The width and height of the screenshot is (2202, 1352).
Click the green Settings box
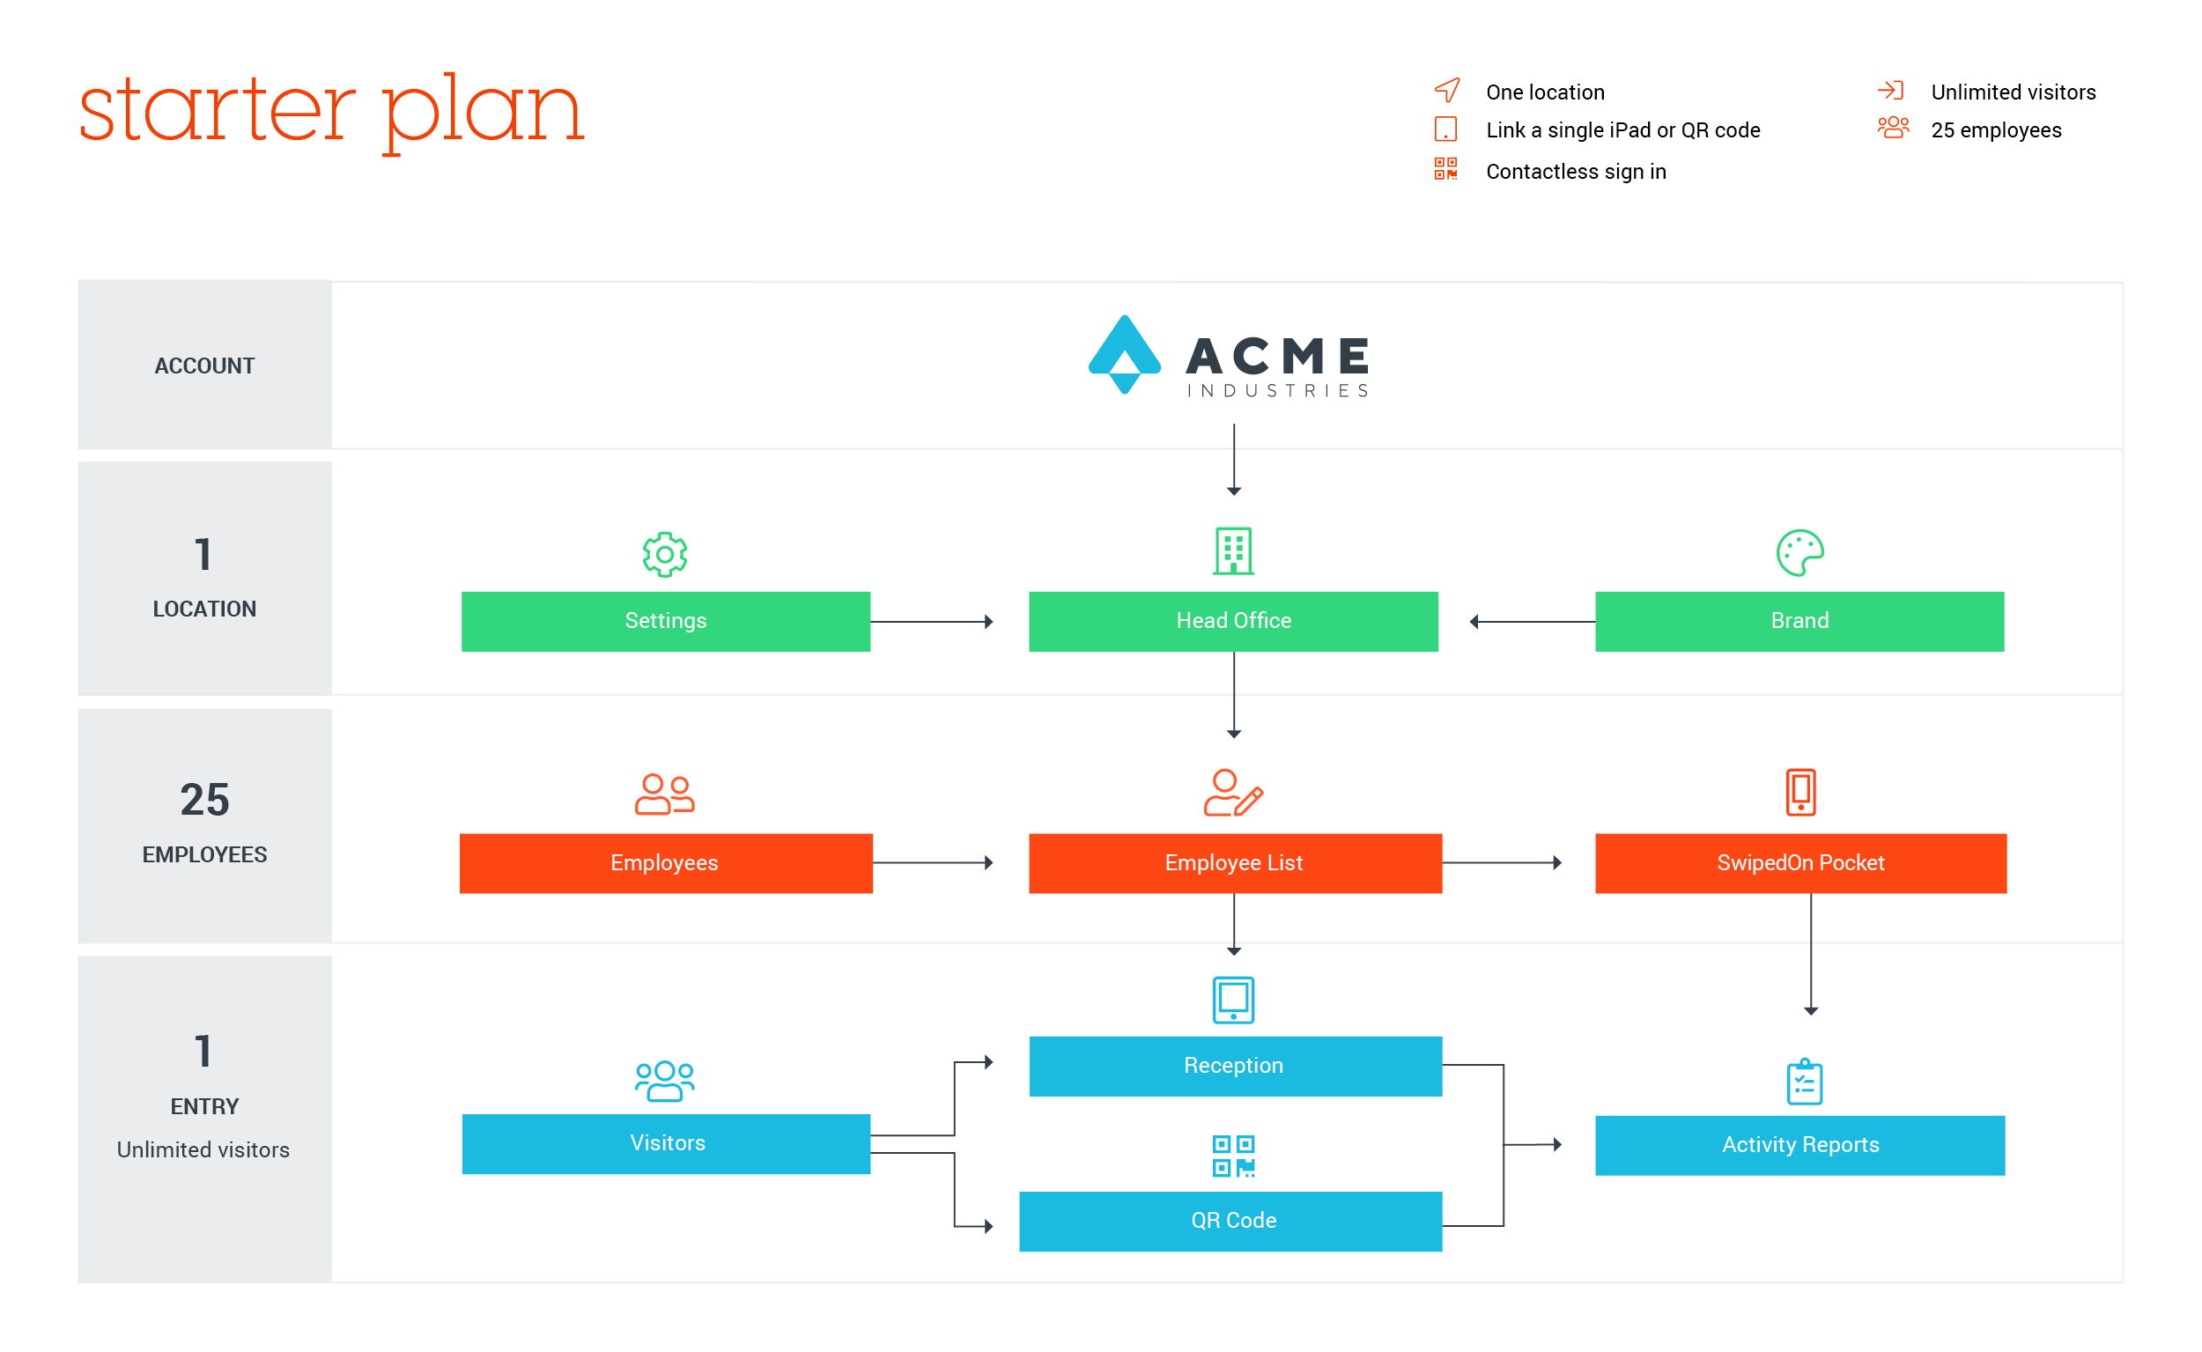coord(665,621)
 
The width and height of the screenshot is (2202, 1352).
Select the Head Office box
coord(1233,621)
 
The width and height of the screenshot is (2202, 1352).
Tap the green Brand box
coord(1799,621)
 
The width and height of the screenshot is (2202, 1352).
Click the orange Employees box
coord(665,863)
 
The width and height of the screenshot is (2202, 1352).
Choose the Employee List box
coord(1235,863)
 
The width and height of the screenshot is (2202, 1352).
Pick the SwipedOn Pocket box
coord(1800,863)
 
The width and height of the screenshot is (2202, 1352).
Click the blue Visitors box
coord(666,1142)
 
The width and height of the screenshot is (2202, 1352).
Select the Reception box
coord(1235,1066)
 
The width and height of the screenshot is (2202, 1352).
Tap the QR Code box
coord(1230,1221)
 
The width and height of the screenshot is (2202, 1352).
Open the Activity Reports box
coord(1799,1144)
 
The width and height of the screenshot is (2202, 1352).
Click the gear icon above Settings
coord(664,554)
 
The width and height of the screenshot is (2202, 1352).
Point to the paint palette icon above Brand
coord(1799,552)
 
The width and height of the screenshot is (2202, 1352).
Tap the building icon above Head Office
coord(1233,550)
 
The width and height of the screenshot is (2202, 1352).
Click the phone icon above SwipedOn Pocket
coord(1800,792)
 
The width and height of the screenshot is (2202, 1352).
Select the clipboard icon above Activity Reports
coord(1804,1082)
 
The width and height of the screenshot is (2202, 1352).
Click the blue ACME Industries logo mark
coord(1124,354)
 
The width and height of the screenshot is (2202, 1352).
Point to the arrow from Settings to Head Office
coord(932,622)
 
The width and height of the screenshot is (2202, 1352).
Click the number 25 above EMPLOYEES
coord(204,800)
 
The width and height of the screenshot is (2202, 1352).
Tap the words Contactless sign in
coord(1575,171)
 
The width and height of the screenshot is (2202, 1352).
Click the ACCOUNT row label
coord(203,366)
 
